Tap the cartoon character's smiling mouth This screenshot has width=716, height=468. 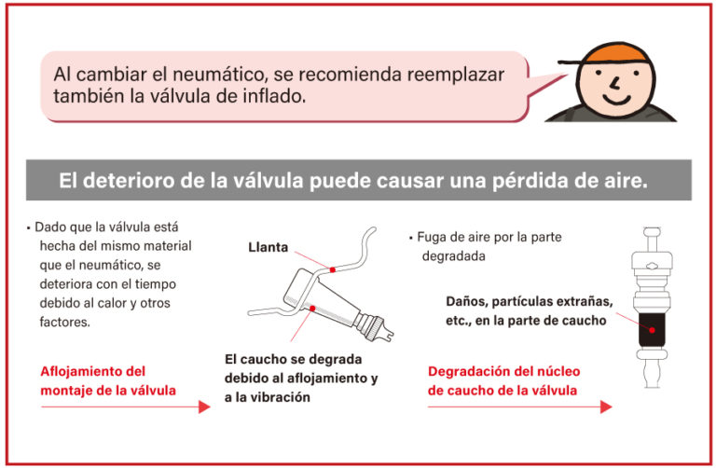617,99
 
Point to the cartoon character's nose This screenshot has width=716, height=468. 615,84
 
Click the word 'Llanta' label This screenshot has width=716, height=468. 268,247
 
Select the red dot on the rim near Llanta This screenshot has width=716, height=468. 333,269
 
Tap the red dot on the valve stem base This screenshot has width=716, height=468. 312,309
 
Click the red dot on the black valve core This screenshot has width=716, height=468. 652,330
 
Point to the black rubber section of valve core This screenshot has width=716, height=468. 652,330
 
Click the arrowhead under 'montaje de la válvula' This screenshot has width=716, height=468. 204,406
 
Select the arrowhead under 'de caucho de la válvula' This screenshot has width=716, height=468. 606,406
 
